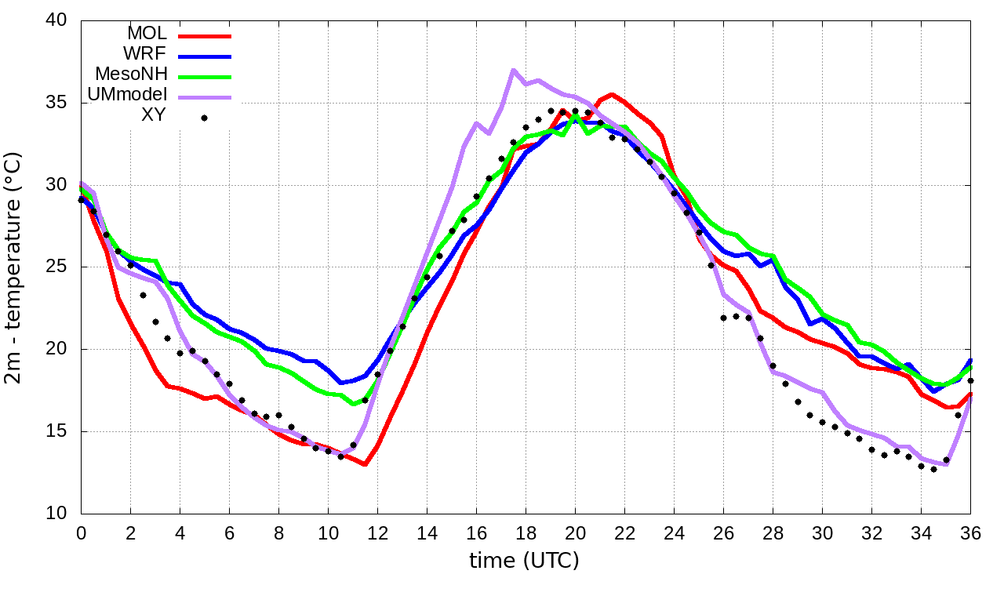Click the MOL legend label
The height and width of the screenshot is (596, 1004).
(147, 34)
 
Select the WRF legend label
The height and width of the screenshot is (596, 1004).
(146, 54)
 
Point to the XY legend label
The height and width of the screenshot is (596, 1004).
(153, 117)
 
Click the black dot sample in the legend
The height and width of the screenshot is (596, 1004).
(204, 118)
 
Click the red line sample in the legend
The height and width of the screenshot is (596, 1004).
(205, 35)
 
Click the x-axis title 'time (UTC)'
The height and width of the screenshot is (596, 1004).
(524, 561)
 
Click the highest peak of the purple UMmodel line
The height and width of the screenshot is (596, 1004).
(513, 71)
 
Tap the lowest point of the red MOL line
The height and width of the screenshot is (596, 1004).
(365, 464)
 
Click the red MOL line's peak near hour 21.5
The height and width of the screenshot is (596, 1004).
(612, 95)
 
